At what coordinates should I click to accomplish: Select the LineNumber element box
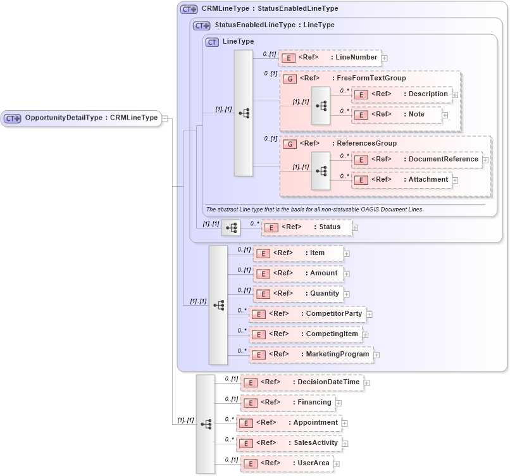[x=329, y=58]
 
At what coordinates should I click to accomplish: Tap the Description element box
[x=401, y=94]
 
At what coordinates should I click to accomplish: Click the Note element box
[x=397, y=115]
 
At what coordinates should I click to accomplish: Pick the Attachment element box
[x=401, y=180]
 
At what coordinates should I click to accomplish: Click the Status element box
[x=306, y=227]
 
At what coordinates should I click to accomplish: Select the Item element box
[x=297, y=253]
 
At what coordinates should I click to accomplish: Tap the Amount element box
[x=297, y=273]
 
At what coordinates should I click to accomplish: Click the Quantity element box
[x=297, y=294]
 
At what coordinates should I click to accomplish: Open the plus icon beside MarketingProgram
[x=376, y=355]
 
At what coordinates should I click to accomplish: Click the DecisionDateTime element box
[x=302, y=382]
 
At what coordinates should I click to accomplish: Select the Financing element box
[x=288, y=403]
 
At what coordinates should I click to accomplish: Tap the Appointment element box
[x=289, y=423]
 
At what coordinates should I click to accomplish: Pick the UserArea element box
[x=287, y=464]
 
